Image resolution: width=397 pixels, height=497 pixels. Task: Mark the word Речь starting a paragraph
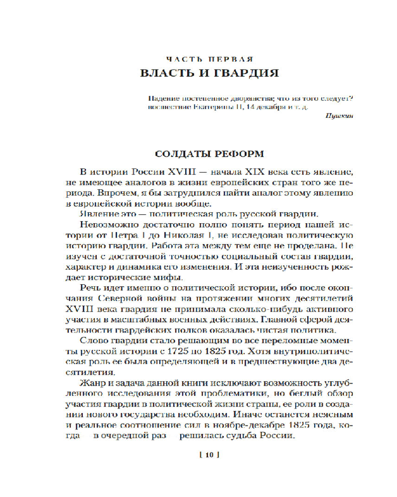pyautogui.click(x=91, y=288)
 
